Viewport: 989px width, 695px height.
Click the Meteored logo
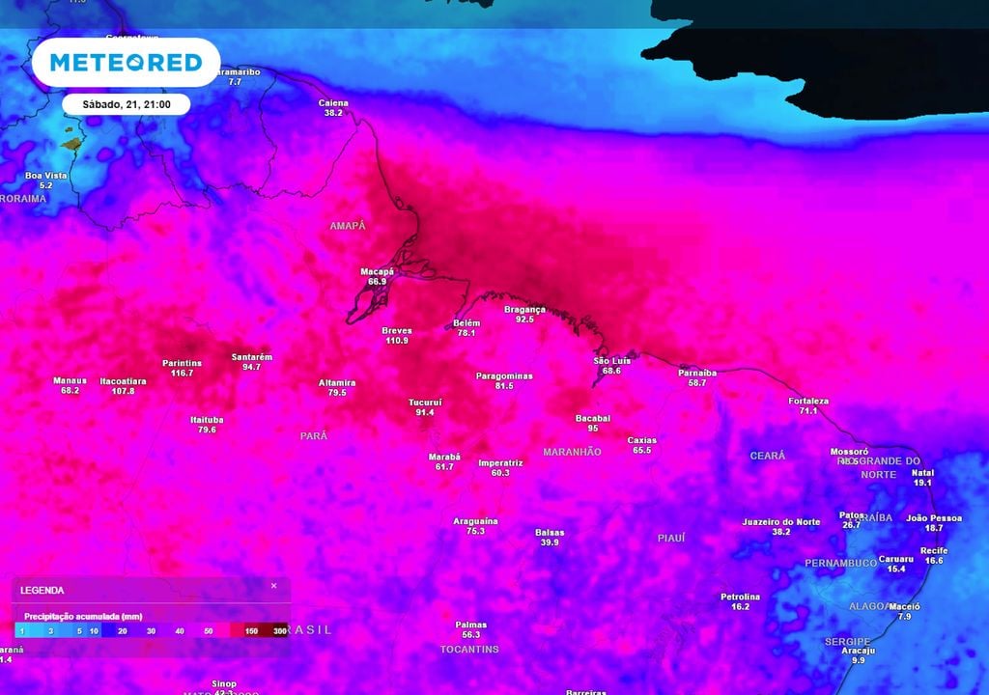point(126,63)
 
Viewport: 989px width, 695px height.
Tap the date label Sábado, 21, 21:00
point(126,103)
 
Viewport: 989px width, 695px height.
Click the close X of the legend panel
point(273,586)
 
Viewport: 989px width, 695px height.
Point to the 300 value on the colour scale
point(280,630)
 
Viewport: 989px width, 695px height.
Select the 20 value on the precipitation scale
point(122,630)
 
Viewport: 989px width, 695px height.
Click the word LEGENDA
point(42,590)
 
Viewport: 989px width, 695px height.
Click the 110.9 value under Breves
point(397,341)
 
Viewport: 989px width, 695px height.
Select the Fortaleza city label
point(808,401)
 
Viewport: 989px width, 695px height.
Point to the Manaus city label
point(70,380)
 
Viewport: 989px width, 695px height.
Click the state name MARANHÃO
point(572,452)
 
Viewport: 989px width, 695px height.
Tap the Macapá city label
point(377,271)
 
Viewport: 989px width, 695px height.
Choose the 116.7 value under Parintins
point(182,373)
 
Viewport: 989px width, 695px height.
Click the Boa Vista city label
point(45,176)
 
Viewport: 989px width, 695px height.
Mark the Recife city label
point(934,550)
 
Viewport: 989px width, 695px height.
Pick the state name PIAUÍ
point(670,538)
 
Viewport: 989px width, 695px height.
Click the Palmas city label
point(471,625)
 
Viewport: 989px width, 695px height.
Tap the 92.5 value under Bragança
point(524,320)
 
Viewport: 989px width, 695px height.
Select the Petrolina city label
point(740,597)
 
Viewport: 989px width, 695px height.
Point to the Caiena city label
point(333,102)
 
